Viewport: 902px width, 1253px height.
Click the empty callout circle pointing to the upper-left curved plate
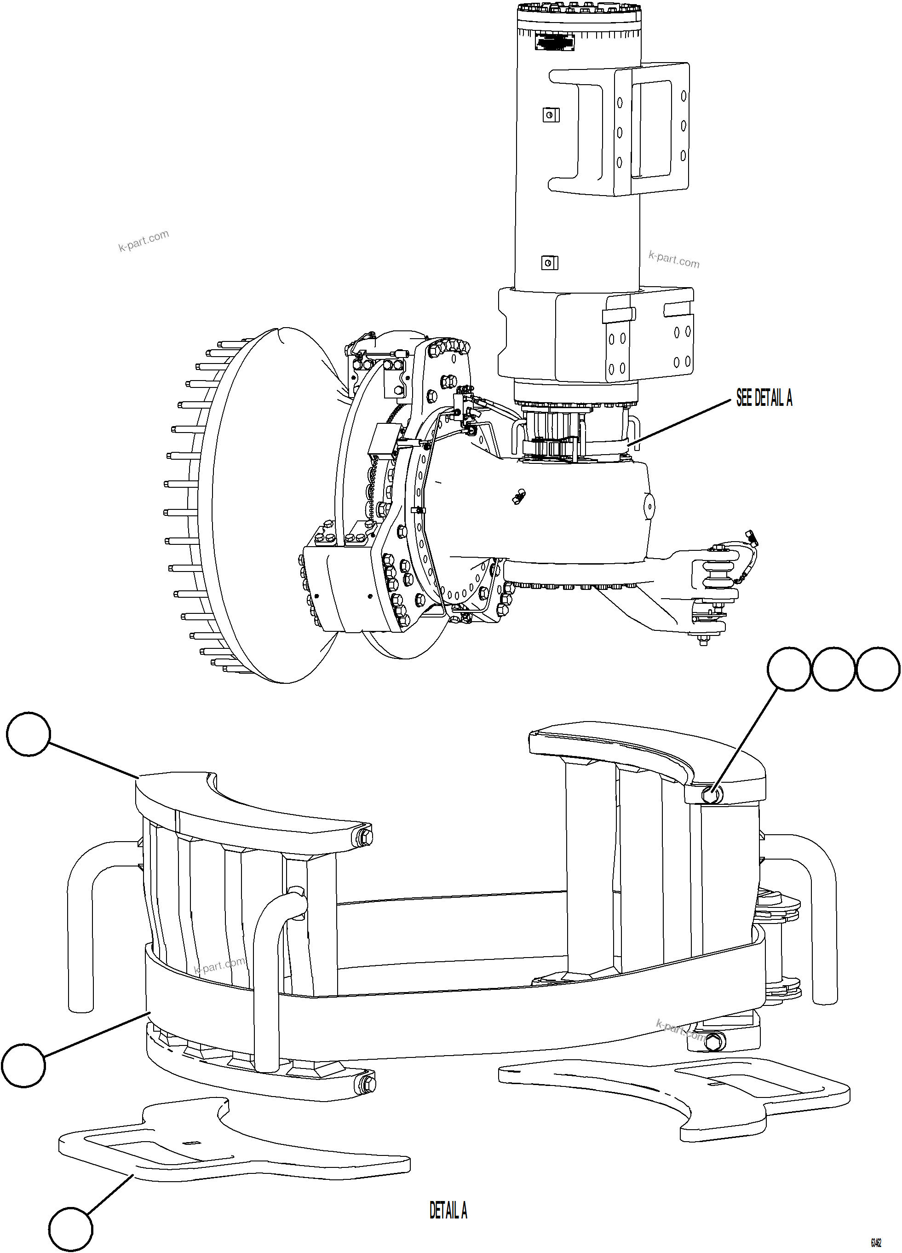29,733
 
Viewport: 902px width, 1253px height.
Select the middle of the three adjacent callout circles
833,669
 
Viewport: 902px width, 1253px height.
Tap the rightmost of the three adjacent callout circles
878,669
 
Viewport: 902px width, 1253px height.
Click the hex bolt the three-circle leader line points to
712,795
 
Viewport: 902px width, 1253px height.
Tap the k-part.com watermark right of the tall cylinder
674,259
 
